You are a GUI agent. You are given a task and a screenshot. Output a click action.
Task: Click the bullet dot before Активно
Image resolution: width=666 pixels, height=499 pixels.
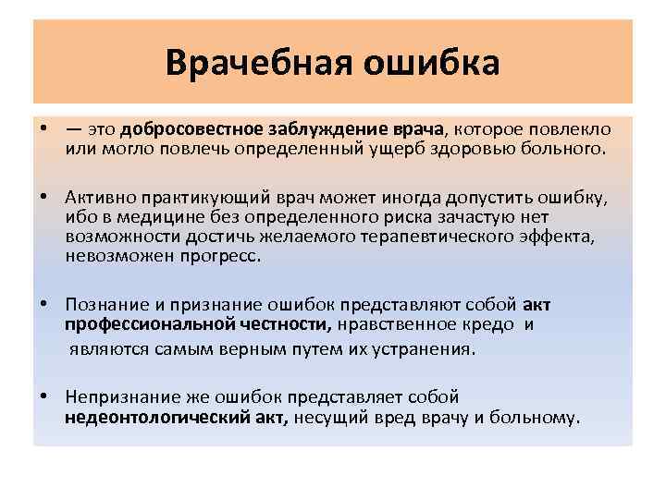pyautogui.click(x=44, y=198)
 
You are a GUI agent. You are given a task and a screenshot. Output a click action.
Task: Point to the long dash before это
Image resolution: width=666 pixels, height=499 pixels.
pyautogui.click(x=73, y=130)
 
